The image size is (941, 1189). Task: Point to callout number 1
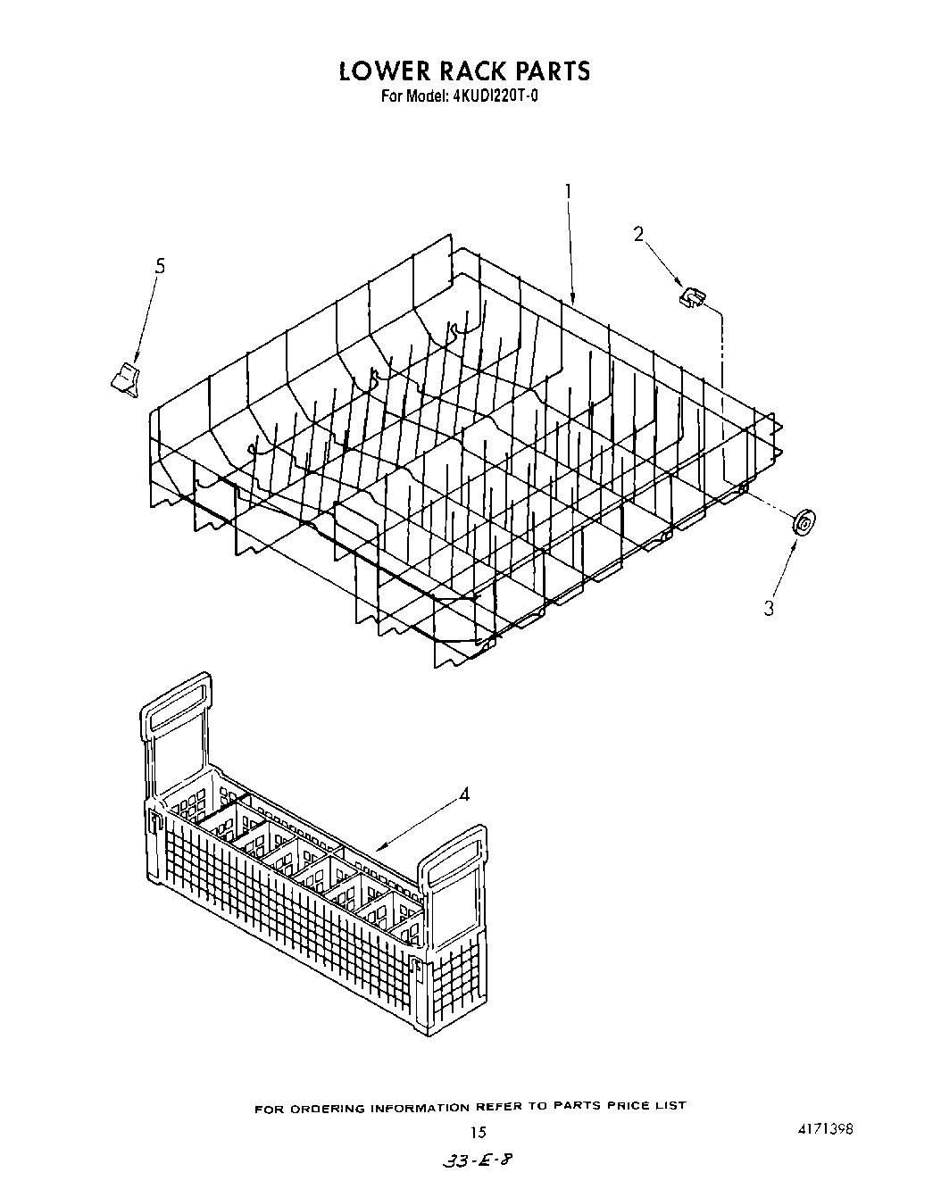point(568,191)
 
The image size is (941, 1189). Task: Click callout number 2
point(638,234)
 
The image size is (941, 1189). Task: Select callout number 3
point(769,609)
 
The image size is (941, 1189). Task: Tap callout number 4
point(464,794)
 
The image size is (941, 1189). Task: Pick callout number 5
point(160,265)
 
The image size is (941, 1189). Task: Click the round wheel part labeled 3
point(804,522)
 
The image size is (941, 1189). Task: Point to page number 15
point(479,1132)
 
